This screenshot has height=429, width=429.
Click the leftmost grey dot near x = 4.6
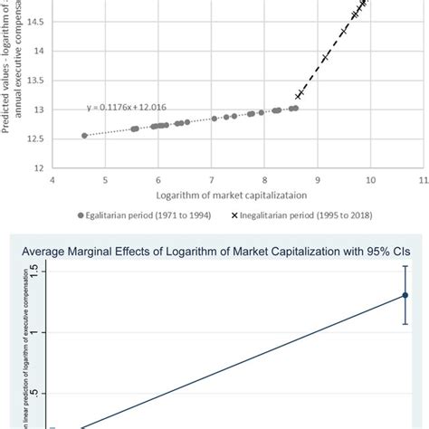click(x=84, y=136)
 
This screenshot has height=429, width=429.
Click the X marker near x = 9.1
click(x=324, y=59)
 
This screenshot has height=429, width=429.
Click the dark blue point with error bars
click(x=405, y=295)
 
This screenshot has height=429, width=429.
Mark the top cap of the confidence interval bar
click(x=405, y=267)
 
